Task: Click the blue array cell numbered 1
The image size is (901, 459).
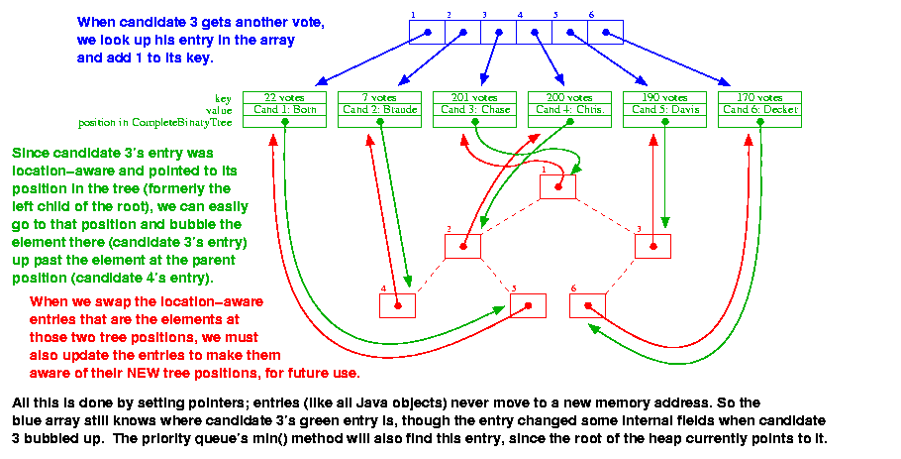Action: point(427,33)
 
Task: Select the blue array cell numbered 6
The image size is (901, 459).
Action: point(605,33)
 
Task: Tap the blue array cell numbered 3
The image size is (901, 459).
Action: point(498,33)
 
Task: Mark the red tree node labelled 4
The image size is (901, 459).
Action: point(397,305)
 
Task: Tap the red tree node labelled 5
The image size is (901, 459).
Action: point(528,305)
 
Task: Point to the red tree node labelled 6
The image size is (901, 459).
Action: point(587,305)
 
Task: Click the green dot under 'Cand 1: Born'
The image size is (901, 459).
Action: point(285,121)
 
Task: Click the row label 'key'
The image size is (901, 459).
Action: point(223,98)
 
